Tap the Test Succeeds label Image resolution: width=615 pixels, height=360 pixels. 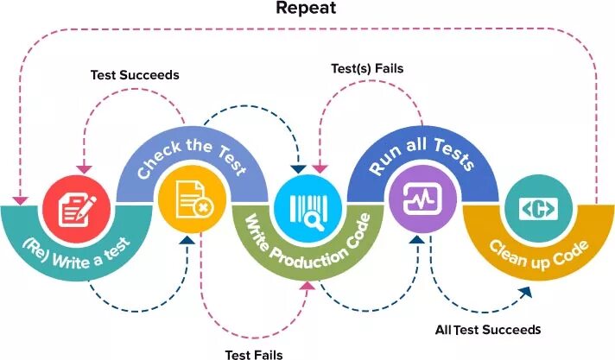[x=135, y=75]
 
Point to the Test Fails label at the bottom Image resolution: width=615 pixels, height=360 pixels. [x=254, y=354]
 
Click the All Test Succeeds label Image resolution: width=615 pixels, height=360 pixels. [x=488, y=330]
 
